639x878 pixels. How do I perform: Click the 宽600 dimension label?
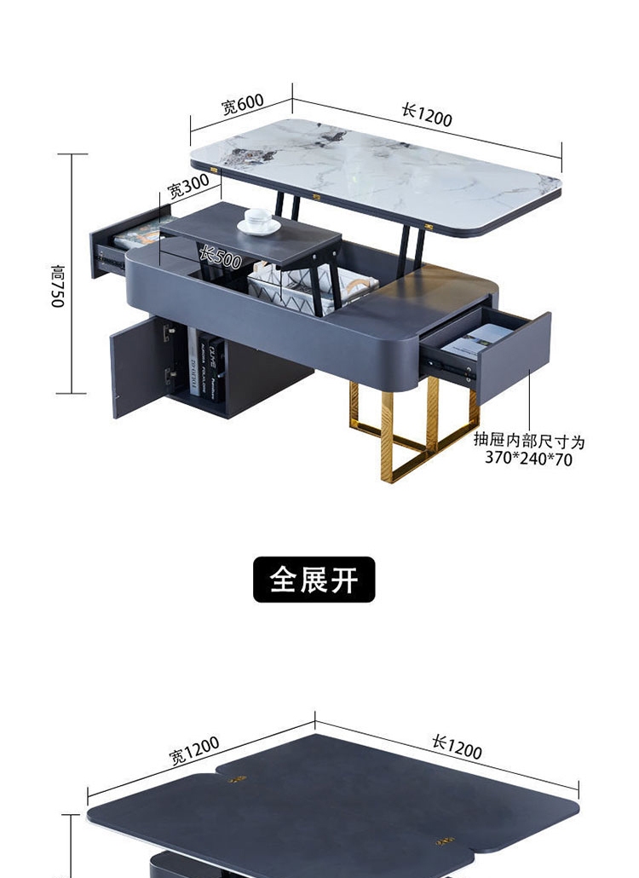pos(243,104)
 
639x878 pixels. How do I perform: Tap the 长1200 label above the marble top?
pos(427,113)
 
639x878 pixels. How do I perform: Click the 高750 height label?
pos(57,286)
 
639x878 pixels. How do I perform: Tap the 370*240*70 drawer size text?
pos(529,459)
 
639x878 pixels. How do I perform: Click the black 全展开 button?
pos(314,580)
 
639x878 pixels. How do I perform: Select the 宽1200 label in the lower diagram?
pos(194,750)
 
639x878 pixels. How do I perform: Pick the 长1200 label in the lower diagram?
pos(457,747)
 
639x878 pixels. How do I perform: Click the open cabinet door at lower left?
pos(134,367)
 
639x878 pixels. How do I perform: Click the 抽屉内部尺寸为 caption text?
pos(529,441)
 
